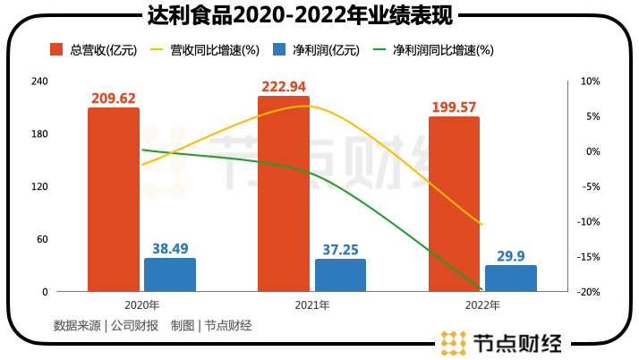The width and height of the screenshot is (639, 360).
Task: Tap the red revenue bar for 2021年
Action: pyautogui.click(x=284, y=193)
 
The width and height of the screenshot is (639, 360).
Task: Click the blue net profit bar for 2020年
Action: pyautogui.click(x=170, y=274)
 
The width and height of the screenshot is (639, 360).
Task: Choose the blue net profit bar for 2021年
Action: pyautogui.click(x=340, y=275)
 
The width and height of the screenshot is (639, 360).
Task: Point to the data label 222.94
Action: pyautogui.click(x=284, y=87)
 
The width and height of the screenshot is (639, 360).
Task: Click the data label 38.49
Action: pyautogui.click(x=170, y=249)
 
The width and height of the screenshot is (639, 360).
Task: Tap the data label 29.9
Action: pyautogui.click(x=511, y=256)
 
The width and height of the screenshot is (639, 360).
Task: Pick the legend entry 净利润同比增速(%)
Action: pyautogui.click(x=443, y=51)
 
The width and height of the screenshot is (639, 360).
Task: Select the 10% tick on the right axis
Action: pyautogui.click(x=589, y=81)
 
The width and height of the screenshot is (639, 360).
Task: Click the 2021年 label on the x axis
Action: pyautogui.click(x=312, y=305)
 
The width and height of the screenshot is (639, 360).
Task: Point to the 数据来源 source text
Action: pyautogui.click(x=77, y=326)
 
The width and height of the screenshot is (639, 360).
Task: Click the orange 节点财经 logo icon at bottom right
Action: pyautogui.click(x=454, y=344)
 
